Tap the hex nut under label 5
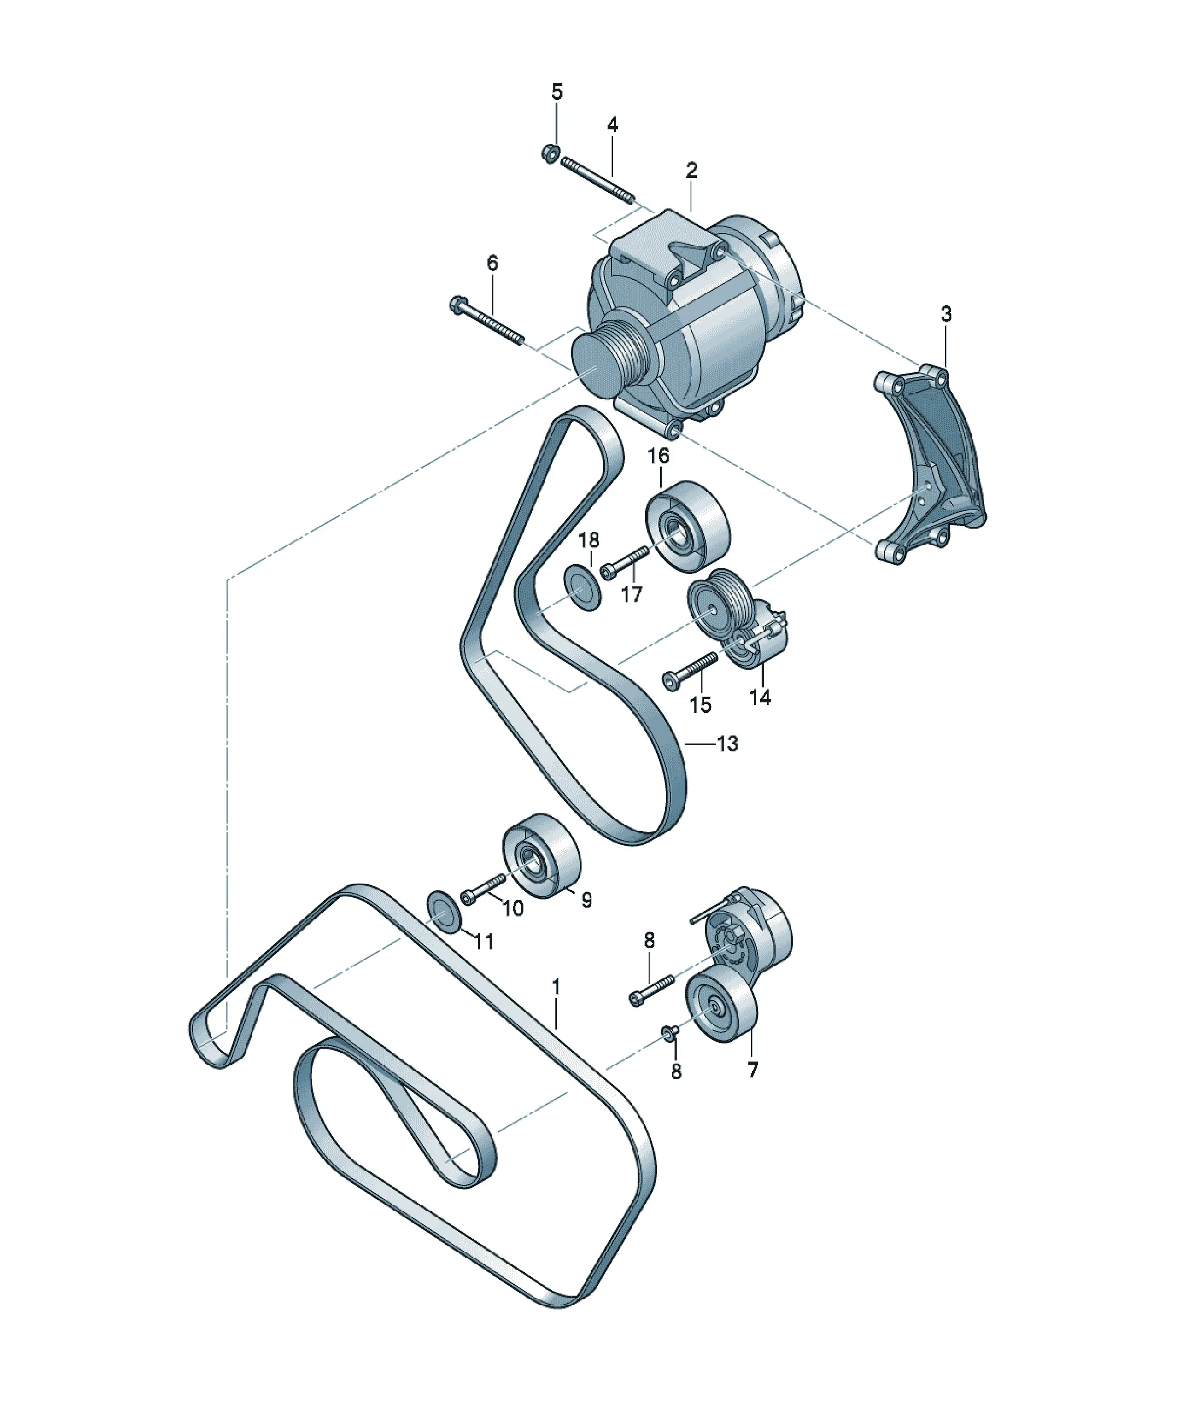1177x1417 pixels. (x=549, y=154)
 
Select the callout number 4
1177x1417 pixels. (x=612, y=125)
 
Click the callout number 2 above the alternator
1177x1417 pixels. (x=692, y=171)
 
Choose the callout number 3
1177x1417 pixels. (x=946, y=314)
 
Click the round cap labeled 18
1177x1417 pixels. (x=583, y=589)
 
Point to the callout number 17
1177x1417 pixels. (x=632, y=594)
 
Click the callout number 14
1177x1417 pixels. (x=760, y=697)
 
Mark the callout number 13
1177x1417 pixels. (x=727, y=744)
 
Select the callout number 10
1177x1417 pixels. (x=513, y=908)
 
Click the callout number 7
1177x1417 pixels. (x=753, y=1070)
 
